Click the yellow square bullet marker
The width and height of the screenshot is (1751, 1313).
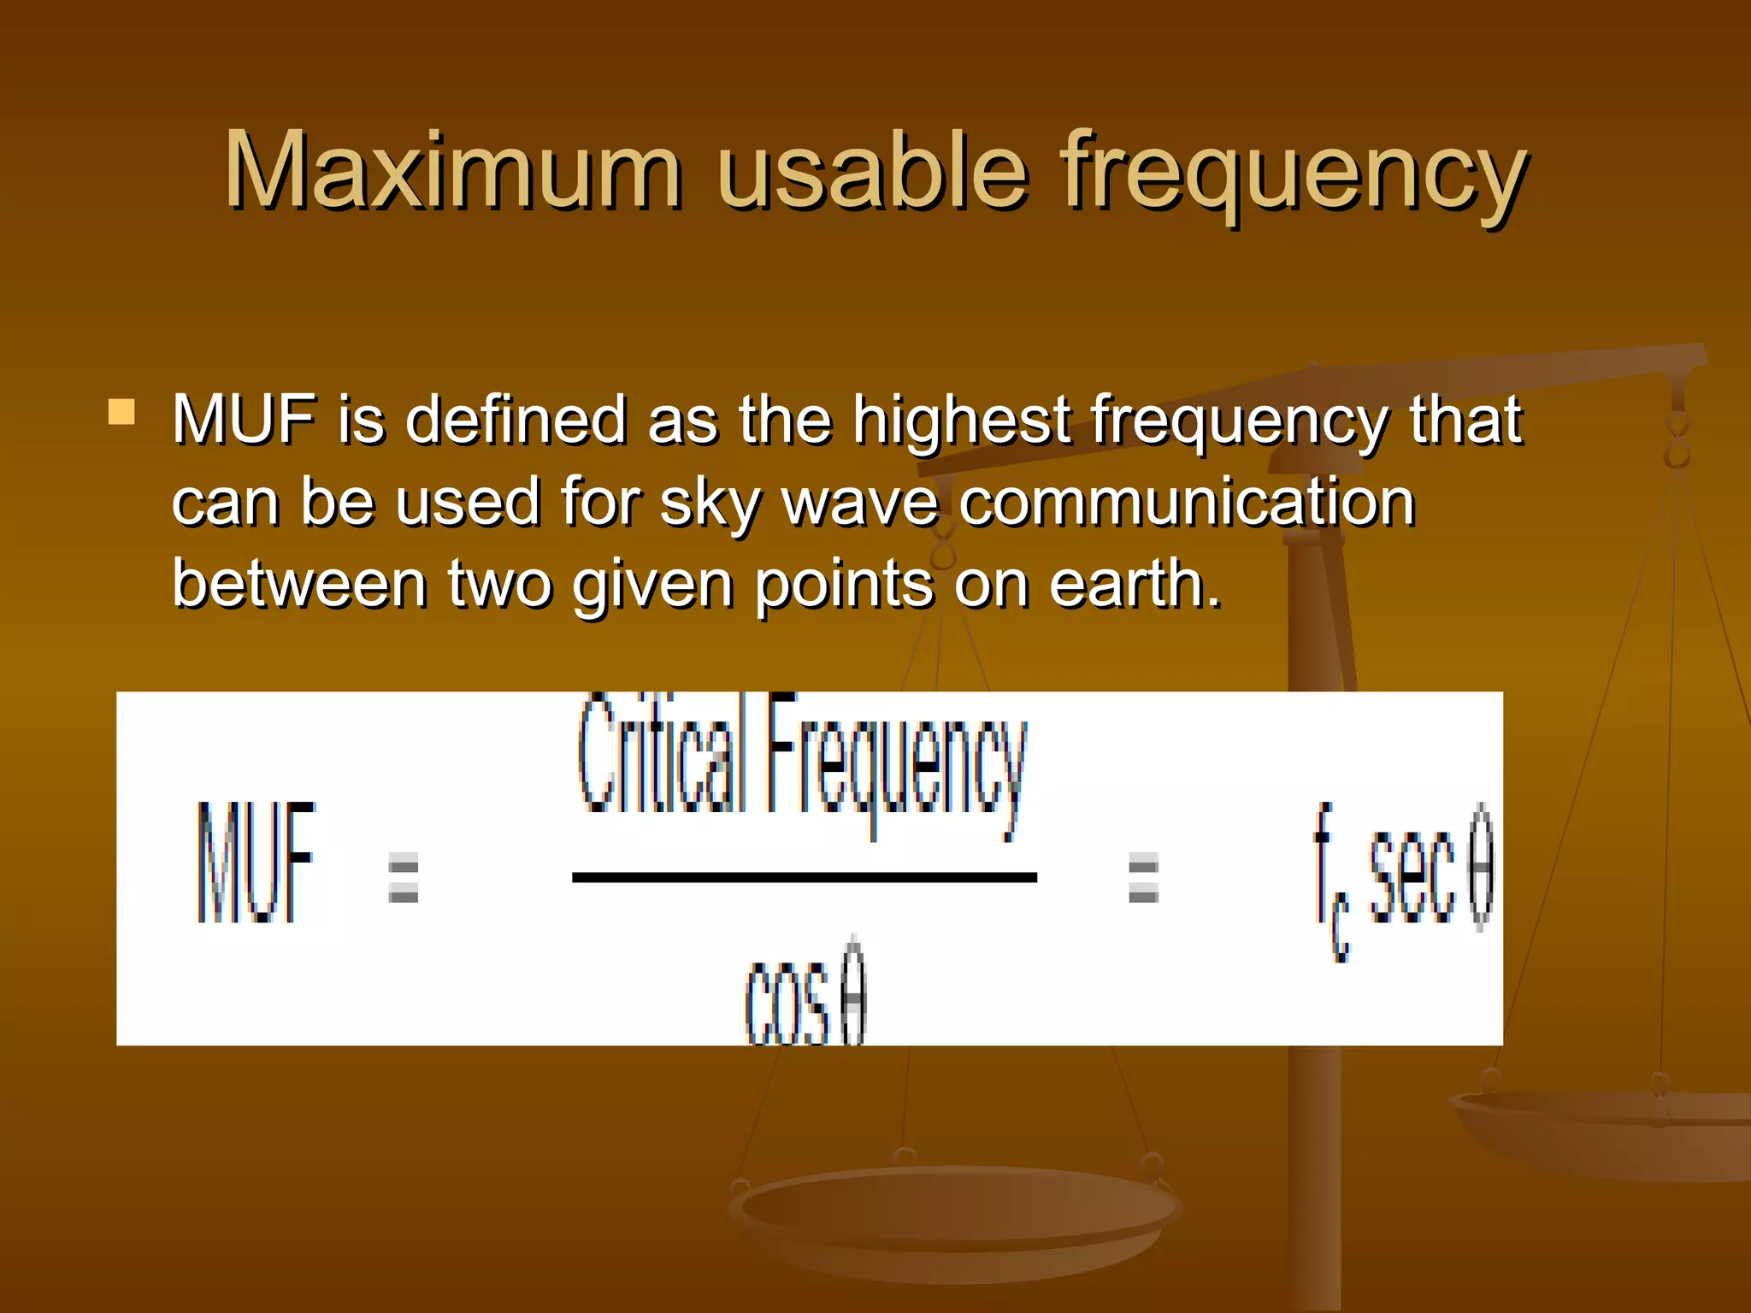(121, 412)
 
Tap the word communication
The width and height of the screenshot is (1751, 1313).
(1186, 503)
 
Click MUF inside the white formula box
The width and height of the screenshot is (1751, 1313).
(256, 863)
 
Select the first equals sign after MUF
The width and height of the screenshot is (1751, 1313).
(403, 878)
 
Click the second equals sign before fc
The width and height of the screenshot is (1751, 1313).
(1143, 878)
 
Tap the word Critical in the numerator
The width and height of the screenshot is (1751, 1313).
(657, 756)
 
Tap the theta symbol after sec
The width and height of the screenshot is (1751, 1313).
(1482, 868)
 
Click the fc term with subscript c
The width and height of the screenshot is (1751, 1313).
(1330, 880)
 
